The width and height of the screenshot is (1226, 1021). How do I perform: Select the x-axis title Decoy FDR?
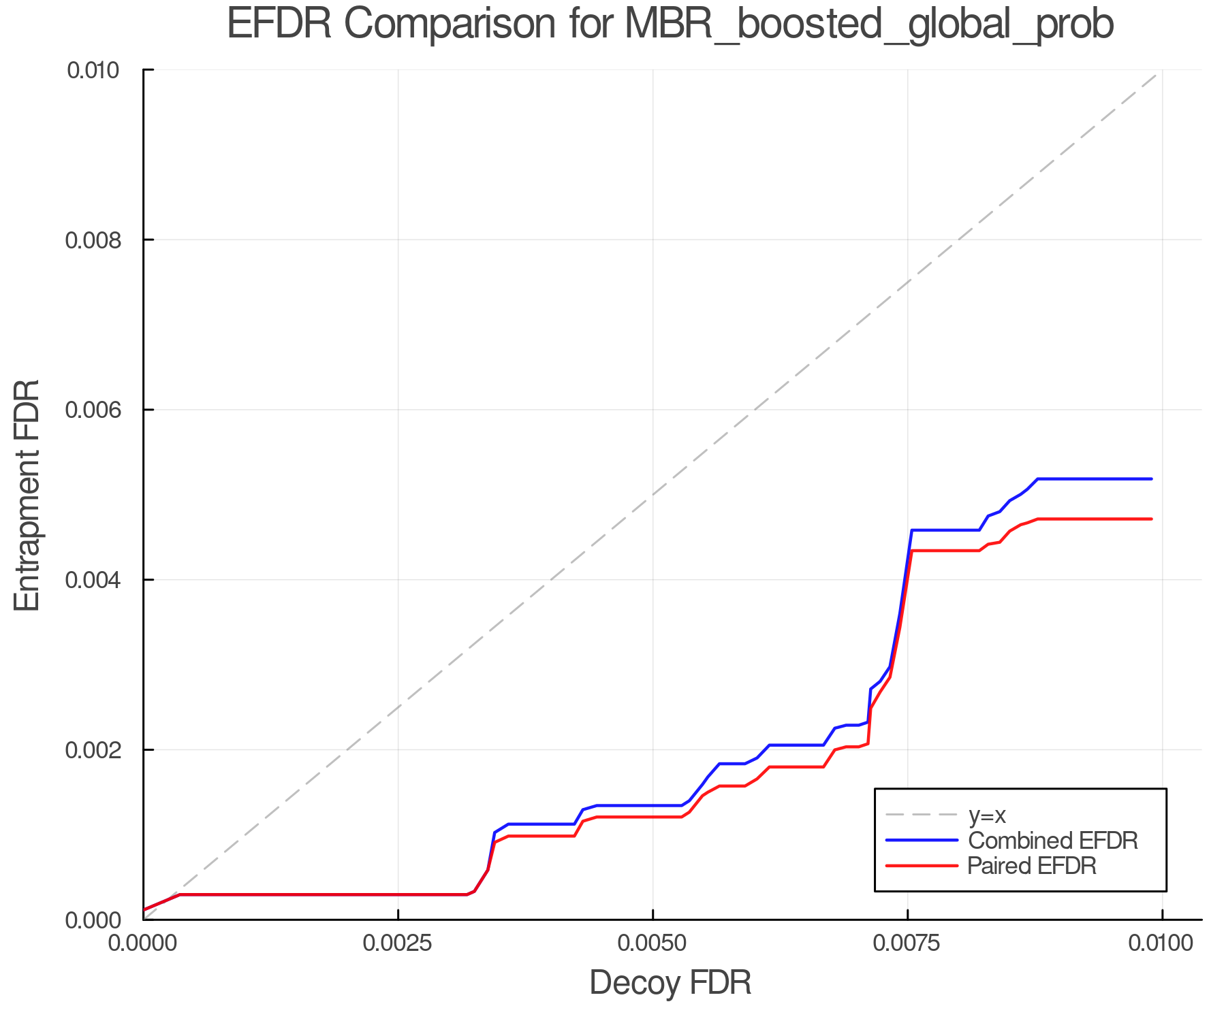tap(670, 983)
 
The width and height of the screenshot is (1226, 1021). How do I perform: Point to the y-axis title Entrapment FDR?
tap(27, 496)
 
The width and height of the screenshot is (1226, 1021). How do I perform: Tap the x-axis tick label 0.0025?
tap(398, 943)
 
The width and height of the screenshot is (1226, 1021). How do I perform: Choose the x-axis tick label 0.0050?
tap(653, 943)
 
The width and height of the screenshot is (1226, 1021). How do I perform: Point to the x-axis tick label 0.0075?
tap(907, 943)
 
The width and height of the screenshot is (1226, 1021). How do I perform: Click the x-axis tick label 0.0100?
tap(1162, 943)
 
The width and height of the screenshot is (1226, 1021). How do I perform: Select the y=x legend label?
tap(987, 815)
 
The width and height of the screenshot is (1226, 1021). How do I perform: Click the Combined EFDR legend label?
tap(1052, 841)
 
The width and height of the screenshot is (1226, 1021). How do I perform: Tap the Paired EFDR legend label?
tap(1031, 866)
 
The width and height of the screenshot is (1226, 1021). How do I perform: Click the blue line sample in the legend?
tap(922, 841)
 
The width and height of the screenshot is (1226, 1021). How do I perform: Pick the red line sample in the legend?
tap(922, 866)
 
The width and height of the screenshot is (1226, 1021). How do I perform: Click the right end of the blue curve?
tap(1151, 479)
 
